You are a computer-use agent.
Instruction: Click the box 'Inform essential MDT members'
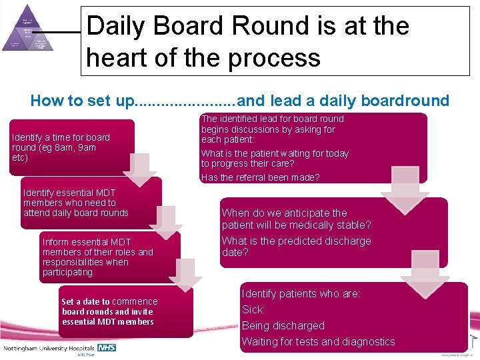(109, 257)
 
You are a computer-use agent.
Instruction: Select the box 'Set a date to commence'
(126, 311)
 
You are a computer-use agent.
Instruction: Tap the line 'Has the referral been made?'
(261, 177)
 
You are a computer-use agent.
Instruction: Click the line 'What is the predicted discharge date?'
(296, 247)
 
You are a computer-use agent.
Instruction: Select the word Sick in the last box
(252, 309)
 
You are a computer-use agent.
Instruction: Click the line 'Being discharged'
(283, 325)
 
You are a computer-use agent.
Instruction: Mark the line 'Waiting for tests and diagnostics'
(318, 341)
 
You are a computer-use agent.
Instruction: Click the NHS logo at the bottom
(107, 348)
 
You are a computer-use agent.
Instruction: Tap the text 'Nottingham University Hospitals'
(49, 349)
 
